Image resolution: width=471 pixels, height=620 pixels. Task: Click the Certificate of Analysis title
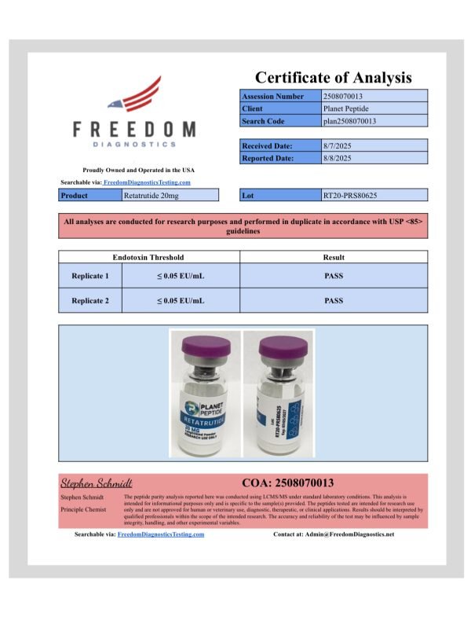333,77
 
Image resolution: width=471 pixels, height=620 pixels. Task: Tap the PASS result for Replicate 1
334,276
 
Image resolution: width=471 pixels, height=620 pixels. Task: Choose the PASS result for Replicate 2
334,300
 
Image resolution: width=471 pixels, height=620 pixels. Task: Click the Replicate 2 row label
90,300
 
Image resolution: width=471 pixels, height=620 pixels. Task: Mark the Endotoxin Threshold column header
148,257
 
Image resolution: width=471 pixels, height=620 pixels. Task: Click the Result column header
334,257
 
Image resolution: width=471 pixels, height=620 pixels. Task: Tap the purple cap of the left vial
205,346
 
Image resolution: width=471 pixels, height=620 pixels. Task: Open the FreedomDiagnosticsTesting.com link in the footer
161,534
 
